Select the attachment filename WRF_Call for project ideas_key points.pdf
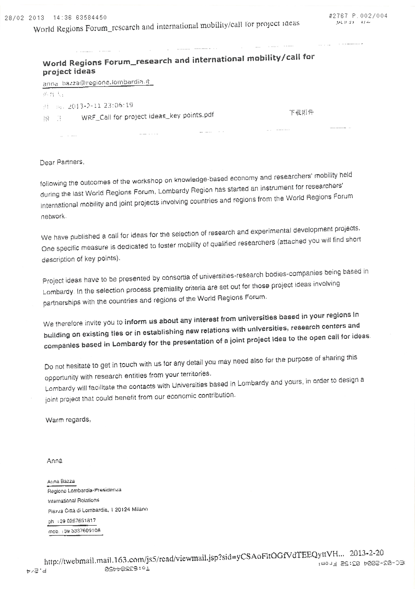click(147, 116)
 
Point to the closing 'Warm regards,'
click(68, 420)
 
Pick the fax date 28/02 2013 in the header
click(25, 18)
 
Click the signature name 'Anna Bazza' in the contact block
click(61, 481)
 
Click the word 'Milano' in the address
click(140, 509)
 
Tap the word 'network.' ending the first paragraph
click(54, 216)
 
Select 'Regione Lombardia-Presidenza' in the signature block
click(84, 490)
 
